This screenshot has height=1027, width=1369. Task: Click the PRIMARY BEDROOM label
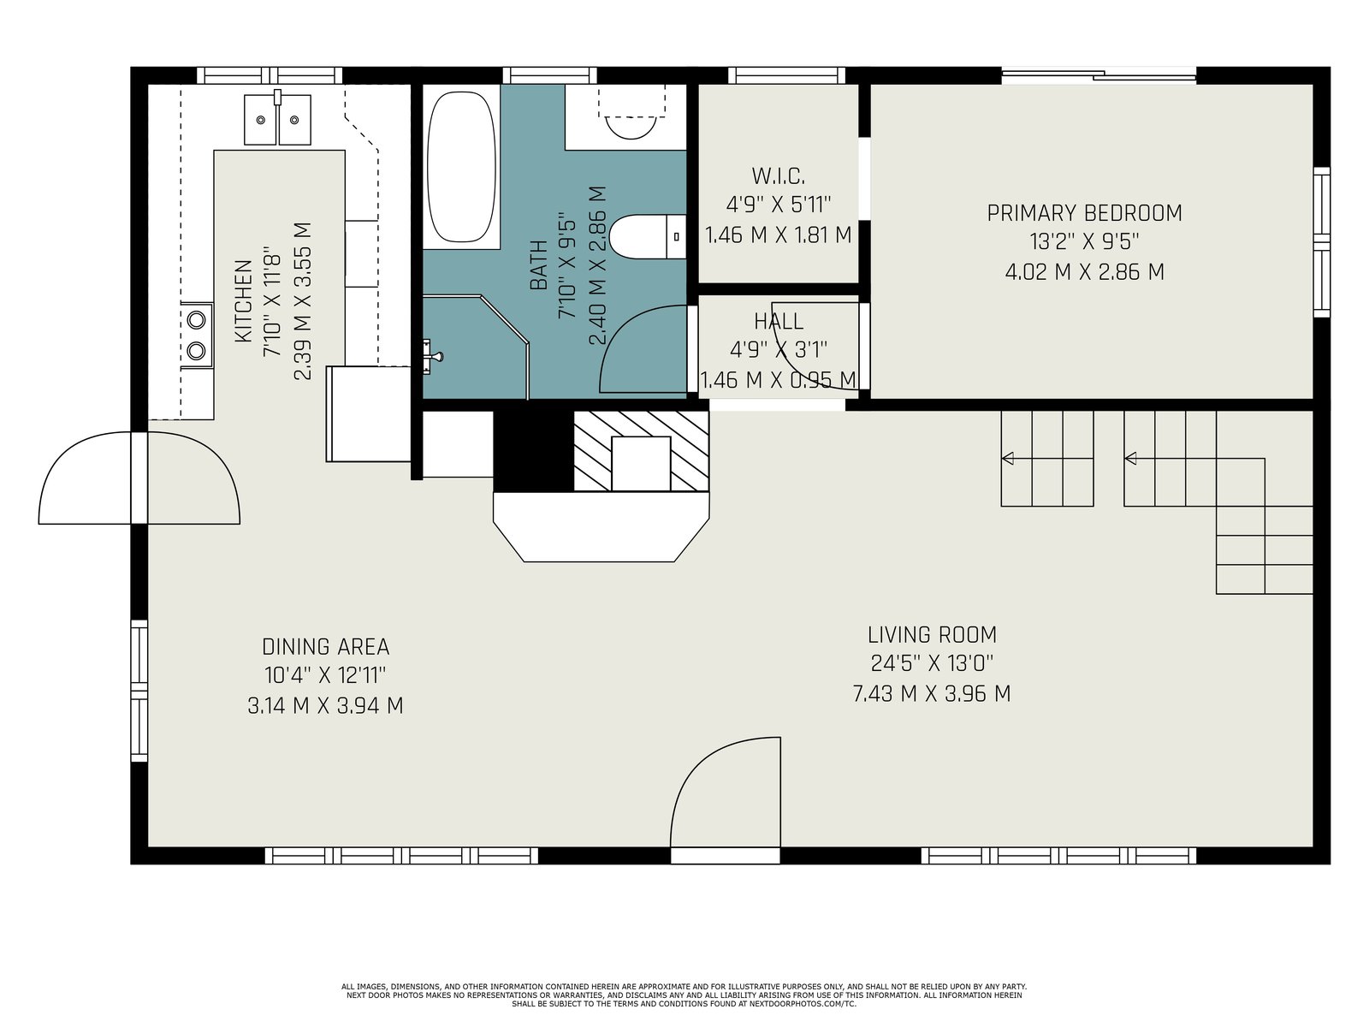(1084, 213)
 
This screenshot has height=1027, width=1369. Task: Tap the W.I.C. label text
(778, 176)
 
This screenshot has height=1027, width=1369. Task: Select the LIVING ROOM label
(932, 635)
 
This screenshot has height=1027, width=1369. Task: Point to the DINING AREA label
(326, 647)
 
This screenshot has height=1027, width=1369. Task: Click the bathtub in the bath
(461, 167)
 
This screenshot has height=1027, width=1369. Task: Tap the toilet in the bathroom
(648, 236)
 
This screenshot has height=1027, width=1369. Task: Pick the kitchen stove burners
(197, 335)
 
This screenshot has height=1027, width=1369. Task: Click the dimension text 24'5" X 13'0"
(932, 662)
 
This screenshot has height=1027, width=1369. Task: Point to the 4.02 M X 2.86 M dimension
(1084, 272)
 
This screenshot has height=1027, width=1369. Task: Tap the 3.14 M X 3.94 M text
(326, 705)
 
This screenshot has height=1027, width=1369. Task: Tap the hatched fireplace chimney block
(641, 450)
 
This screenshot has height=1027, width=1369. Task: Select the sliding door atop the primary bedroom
(1099, 75)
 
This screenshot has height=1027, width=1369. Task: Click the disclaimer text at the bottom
(684, 995)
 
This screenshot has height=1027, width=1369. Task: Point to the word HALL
(778, 321)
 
